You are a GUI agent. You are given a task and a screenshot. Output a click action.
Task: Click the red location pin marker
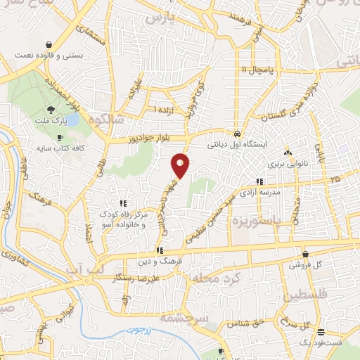point(181,165)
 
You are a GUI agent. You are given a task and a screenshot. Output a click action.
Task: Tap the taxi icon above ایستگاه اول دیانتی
point(238,134)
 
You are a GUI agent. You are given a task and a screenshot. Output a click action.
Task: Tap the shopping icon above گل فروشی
point(305,254)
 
